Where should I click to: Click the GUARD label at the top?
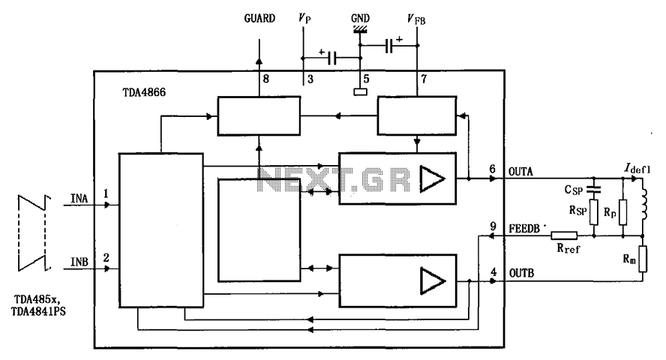pyautogui.click(x=259, y=18)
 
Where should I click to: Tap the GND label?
pyautogui.click(x=360, y=18)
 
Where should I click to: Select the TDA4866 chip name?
pyautogui.click(x=144, y=92)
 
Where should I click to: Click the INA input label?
pyautogui.click(x=79, y=198)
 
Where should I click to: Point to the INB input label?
pyautogui.click(x=79, y=262)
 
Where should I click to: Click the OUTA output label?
pyautogui.click(x=520, y=172)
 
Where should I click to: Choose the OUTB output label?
pyautogui.click(x=521, y=273)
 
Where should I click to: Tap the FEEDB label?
pyautogui.click(x=524, y=229)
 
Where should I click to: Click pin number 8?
pyautogui.click(x=266, y=79)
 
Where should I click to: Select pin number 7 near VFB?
pyautogui.click(x=424, y=79)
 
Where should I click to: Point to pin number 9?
pyautogui.click(x=493, y=226)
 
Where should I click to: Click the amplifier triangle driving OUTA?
pyautogui.click(x=433, y=178)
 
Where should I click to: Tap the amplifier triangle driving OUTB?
pyautogui.click(x=433, y=280)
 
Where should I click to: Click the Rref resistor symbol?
pyautogui.click(x=564, y=235)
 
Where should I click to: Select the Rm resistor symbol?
pyautogui.click(x=643, y=259)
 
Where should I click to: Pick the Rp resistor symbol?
pyautogui.click(x=622, y=212)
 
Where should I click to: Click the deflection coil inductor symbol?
pyautogui.click(x=644, y=205)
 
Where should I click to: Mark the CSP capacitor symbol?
pyautogui.click(x=594, y=190)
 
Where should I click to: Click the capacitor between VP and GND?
pyautogui.click(x=332, y=58)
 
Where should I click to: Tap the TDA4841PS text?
pyautogui.click(x=38, y=311)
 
